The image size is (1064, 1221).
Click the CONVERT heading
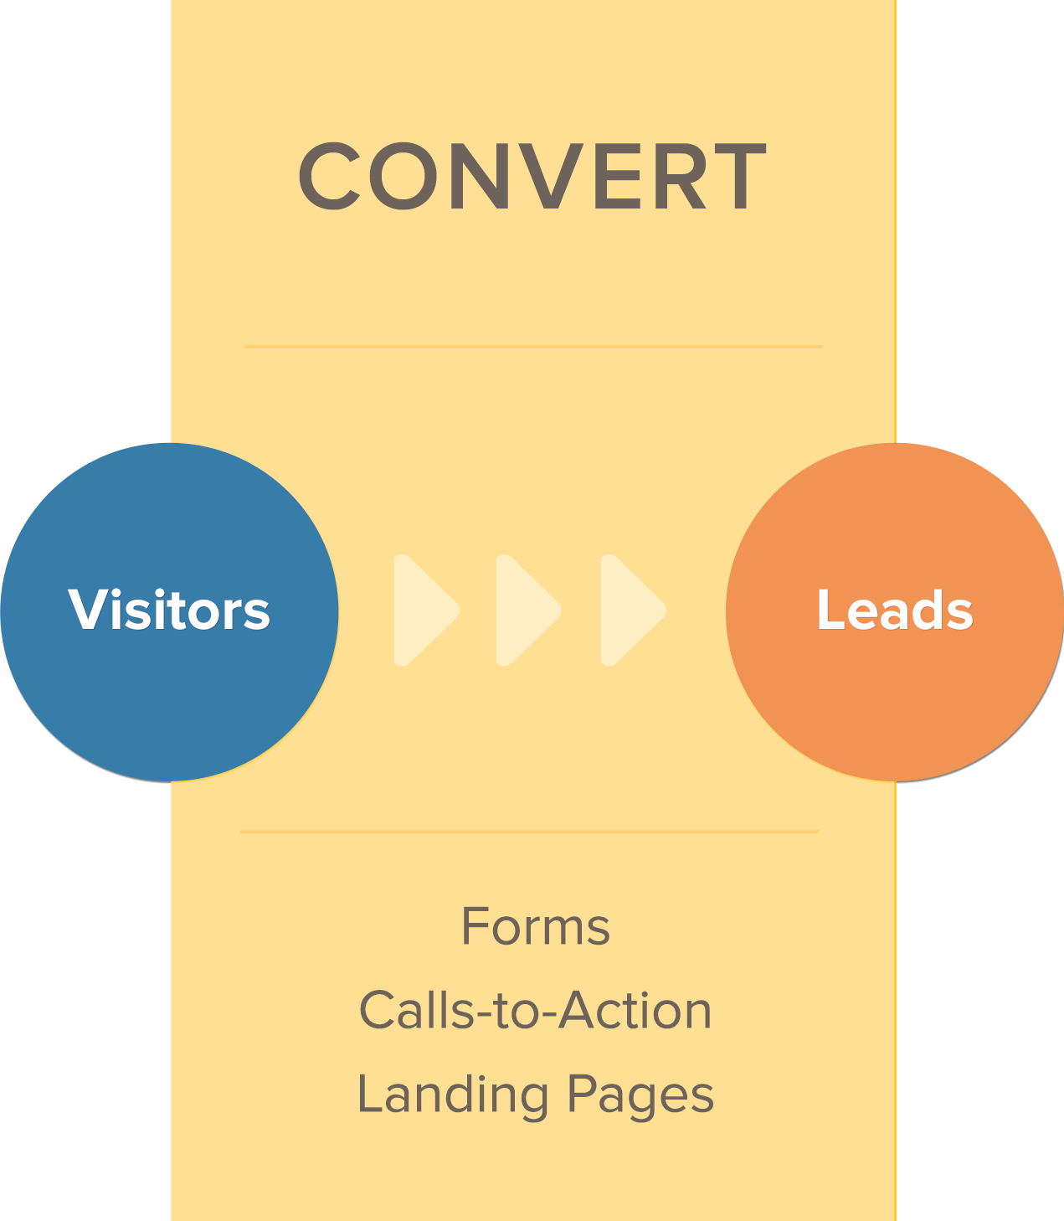532,176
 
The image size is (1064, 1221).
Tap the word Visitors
169,609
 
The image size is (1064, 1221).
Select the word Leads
895,609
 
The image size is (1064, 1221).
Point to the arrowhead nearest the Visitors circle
426,610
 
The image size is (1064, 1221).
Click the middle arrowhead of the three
528,610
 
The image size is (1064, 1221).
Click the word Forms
536,926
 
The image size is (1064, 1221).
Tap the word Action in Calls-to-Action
635,1010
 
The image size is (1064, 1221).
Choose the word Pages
640,1095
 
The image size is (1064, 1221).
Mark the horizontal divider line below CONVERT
532,346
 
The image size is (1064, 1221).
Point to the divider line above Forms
530,832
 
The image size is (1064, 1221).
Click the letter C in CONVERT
329,176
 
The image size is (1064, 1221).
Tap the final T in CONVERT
740,176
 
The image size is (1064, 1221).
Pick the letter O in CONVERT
403,176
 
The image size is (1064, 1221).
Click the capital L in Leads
830,609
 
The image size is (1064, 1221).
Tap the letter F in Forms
475,926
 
